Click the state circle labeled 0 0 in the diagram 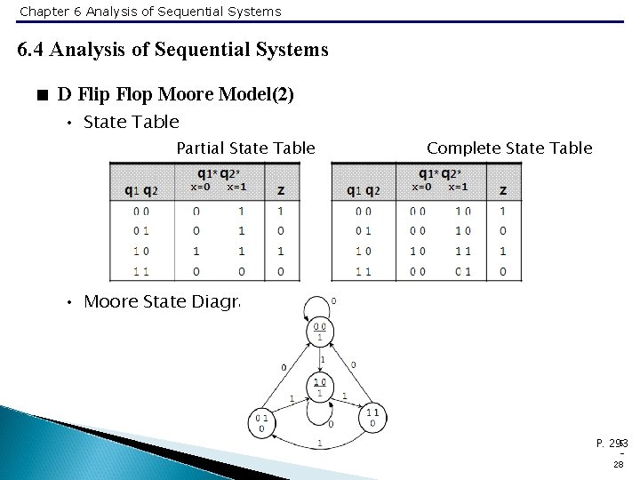tap(319, 332)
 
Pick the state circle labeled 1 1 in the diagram tap(372, 418)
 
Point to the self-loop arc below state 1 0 tap(319, 412)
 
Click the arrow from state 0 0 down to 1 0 tap(319, 359)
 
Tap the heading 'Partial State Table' tap(245, 148)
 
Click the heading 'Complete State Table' tap(509, 148)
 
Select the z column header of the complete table tap(503, 190)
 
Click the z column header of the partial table tap(281, 190)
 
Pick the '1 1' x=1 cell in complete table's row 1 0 tap(462, 251)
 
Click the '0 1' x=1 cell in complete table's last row tap(462, 270)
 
